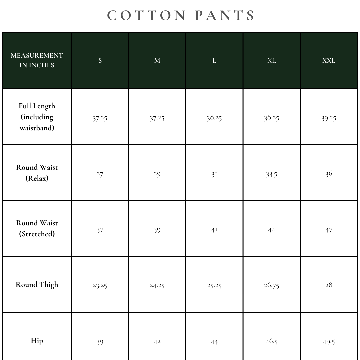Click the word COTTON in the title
(x=147, y=16)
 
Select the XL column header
(x=272, y=61)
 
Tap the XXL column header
(x=329, y=61)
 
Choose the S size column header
(x=100, y=61)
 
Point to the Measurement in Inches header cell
(x=37, y=60)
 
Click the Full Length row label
(x=37, y=117)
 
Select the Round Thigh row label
(x=37, y=285)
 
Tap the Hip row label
(x=37, y=341)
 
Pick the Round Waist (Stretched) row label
(x=37, y=228)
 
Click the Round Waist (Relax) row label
(x=37, y=172)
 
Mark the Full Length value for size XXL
(x=329, y=118)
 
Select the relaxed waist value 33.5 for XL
(x=272, y=174)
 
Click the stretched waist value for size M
(x=157, y=230)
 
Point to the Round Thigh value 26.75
(x=272, y=285)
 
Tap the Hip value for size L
(x=214, y=342)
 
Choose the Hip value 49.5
(x=329, y=342)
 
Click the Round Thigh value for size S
(x=100, y=285)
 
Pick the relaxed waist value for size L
(x=214, y=174)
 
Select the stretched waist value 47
(x=329, y=230)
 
